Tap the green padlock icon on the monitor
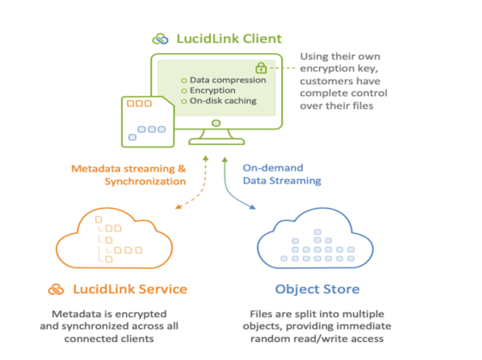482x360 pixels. [260, 67]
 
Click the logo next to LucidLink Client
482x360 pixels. [160, 39]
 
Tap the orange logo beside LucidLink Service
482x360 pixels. [56, 290]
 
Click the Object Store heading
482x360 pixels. [318, 290]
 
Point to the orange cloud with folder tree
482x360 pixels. [116, 236]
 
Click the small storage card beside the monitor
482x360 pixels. [147, 120]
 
